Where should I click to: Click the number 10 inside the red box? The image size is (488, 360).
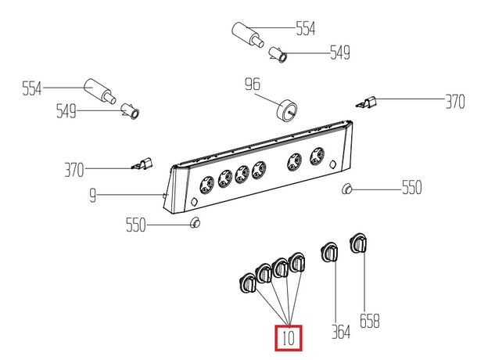click(289, 338)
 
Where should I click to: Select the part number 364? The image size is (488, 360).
click(341, 332)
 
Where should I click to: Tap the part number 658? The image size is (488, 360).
click(370, 321)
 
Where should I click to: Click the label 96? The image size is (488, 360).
click(253, 84)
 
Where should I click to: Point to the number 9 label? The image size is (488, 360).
click(93, 196)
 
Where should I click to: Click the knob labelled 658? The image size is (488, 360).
click(358, 243)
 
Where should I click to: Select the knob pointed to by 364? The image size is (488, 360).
click(330, 252)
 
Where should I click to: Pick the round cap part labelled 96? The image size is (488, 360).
click(287, 110)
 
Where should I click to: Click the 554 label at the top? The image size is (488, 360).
click(305, 28)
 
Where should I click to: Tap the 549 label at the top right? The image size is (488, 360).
click(340, 52)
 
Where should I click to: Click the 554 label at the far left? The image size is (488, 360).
click(32, 88)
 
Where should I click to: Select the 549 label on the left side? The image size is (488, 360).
click(66, 111)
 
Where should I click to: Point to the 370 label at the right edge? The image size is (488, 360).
click(455, 102)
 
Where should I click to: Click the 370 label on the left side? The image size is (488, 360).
click(74, 170)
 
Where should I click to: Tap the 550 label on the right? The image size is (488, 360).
click(411, 188)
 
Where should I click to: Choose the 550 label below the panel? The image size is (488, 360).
click(136, 225)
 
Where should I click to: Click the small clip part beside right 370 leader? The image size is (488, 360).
click(366, 103)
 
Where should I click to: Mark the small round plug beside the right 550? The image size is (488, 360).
click(346, 189)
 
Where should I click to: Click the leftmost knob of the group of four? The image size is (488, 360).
click(248, 283)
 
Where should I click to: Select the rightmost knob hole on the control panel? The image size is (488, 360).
click(318, 156)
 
